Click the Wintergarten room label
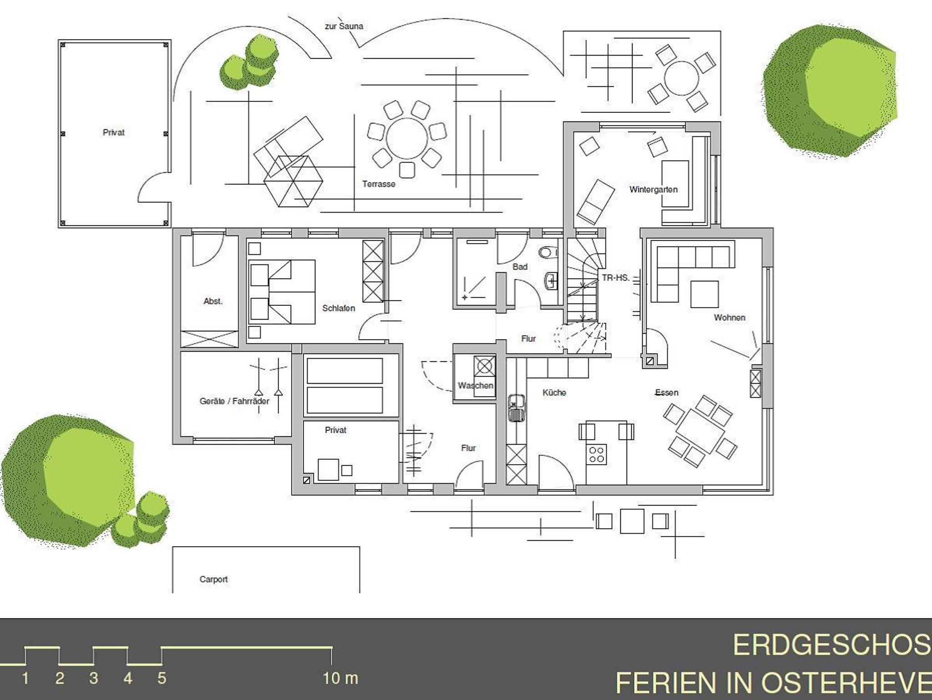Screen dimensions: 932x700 [x=653, y=189]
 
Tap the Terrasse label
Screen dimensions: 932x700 [x=379, y=184]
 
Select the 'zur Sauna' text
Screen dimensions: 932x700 [x=344, y=26]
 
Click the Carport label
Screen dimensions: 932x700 [x=213, y=579]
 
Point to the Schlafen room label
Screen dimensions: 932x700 [x=339, y=308]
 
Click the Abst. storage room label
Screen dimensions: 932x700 [x=213, y=301]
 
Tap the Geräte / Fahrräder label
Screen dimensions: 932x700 [x=234, y=401]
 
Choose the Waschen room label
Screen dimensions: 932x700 [x=476, y=386]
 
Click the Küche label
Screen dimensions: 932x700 [x=554, y=392]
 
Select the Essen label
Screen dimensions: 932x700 [x=667, y=392]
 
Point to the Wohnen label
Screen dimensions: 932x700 [x=729, y=317]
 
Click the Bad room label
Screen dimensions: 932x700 [x=520, y=267]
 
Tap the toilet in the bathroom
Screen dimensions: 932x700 [x=548, y=252]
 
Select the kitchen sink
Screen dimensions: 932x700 [x=516, y=409]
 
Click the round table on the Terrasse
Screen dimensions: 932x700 [x=407, y=139]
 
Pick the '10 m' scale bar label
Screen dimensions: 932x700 [x=340, y=679]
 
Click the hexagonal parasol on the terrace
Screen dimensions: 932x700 [x=294, y=181]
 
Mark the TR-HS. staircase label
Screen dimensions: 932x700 [x=616, y=277]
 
